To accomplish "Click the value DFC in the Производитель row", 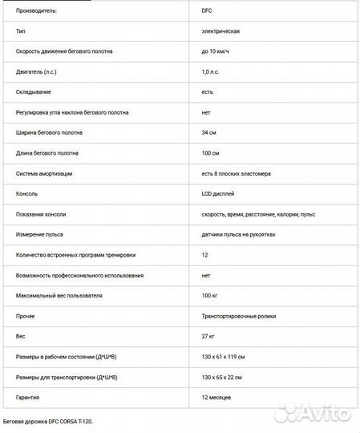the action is (207, 11).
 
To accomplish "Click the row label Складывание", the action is (35, 92).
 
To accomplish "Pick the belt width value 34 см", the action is (211, 132).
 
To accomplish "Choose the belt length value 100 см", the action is (212, 153).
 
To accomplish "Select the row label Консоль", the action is (26, 193).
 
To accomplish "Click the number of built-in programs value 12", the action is (205, 255).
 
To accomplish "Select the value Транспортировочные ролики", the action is (238, 317).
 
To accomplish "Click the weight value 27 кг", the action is (210, 336).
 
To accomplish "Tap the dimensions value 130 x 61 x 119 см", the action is (224, 357).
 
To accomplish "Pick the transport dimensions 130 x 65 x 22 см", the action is (222, 377).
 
